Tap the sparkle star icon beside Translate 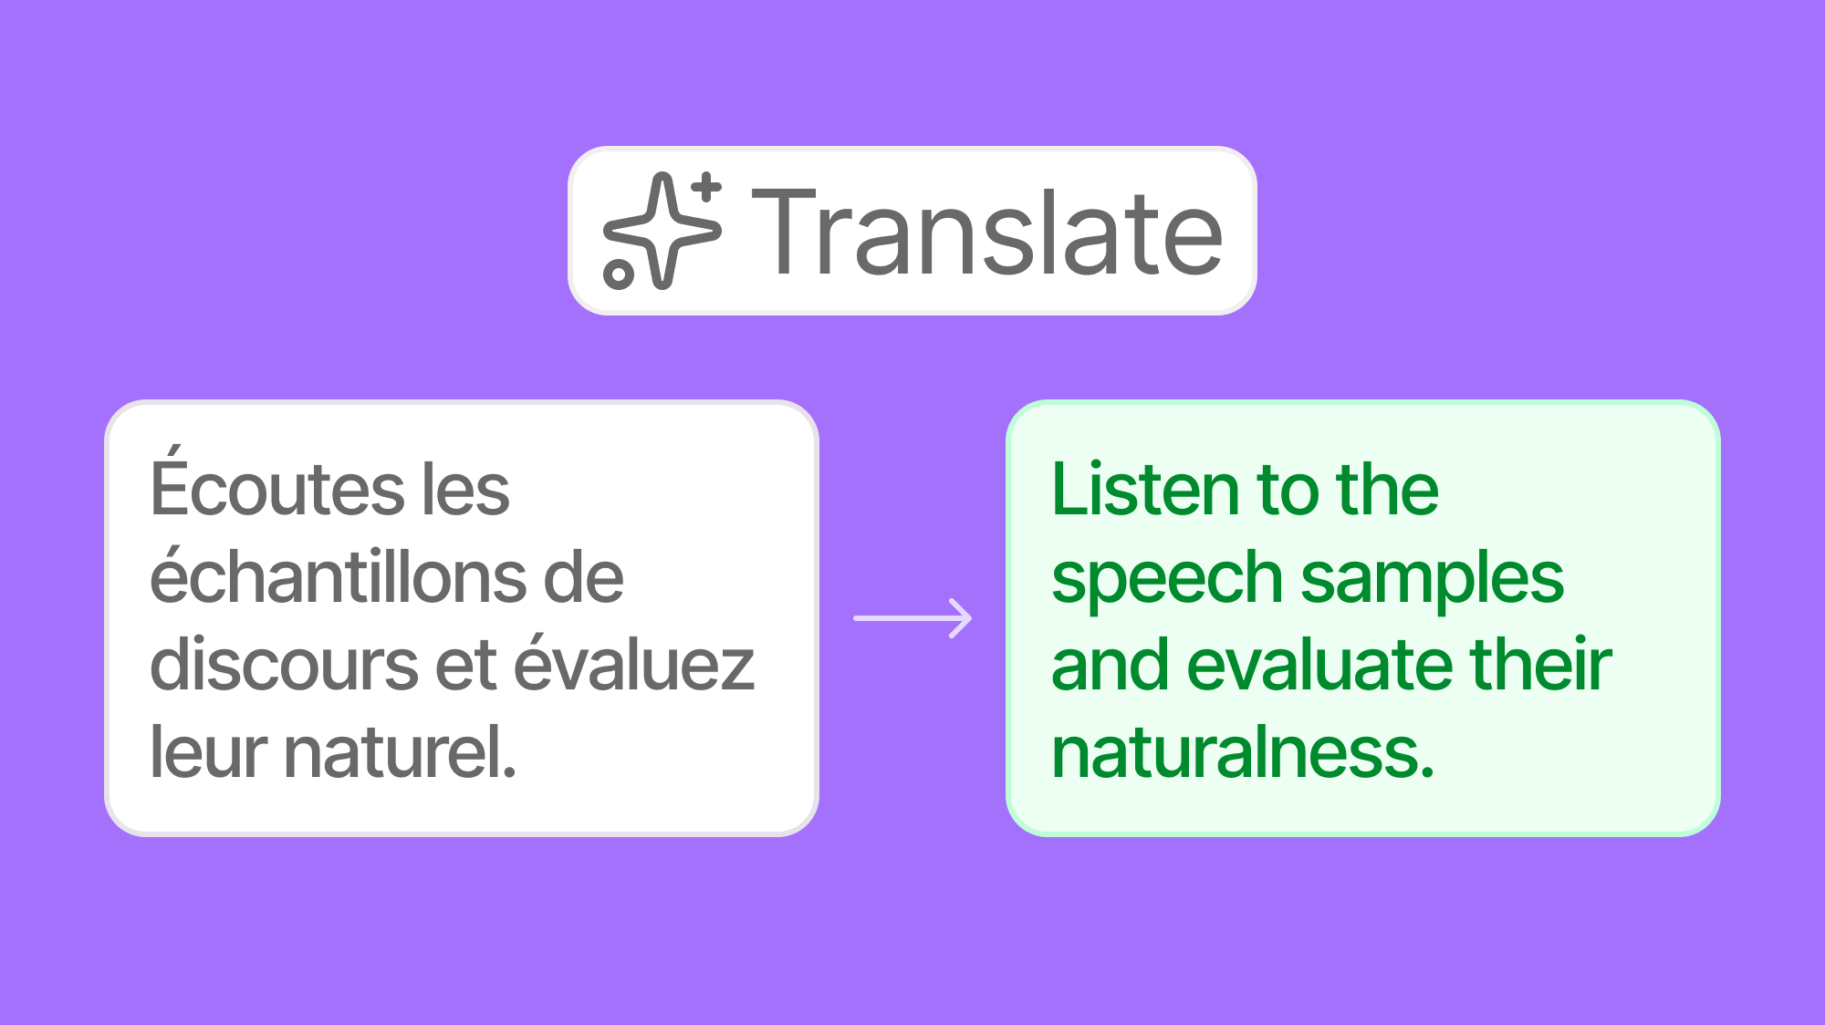tap(662, 231)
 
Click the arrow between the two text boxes tap(912, 618)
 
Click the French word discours tap(283, 664)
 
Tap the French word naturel tap(401, 751)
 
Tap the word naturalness tap(1243, 751)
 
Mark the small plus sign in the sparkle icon tap(705, 189)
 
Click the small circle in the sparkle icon tap(619, 274)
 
